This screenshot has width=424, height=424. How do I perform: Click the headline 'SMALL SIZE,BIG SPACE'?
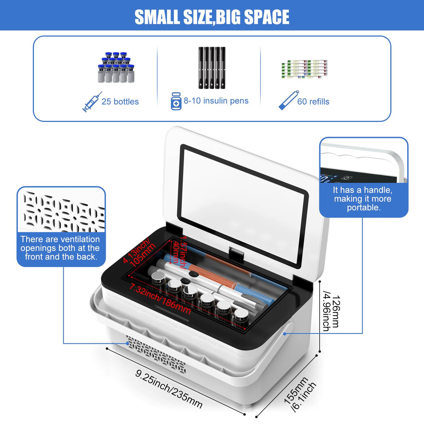point(212,17)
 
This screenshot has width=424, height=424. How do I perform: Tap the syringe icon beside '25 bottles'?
point(92,102)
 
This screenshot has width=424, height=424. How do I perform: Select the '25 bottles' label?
point(120,102)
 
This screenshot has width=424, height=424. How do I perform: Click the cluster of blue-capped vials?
point(116,67)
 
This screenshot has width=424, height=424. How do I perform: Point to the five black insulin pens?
point(212,67)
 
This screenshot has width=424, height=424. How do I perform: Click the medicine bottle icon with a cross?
point(176,101)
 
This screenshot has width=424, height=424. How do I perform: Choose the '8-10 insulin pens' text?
point(216,101)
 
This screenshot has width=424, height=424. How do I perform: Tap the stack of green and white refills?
point(304,69)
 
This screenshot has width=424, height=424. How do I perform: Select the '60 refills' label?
point(313,102)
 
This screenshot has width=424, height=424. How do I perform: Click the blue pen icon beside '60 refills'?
point(289,100)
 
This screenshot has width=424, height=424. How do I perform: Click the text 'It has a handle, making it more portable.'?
point(363,199)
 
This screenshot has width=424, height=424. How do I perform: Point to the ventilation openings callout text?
point(60,248)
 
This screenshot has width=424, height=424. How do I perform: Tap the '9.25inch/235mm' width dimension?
point(169,389)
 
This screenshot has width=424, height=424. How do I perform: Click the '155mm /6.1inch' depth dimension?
point(300,394)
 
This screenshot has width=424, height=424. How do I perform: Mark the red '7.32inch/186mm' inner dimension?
point(160,299)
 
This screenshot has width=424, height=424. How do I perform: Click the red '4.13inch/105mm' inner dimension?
point(139,252)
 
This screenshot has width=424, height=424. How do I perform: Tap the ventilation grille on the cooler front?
point(156,354)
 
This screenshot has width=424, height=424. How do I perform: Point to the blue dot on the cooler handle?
point(285,334)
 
